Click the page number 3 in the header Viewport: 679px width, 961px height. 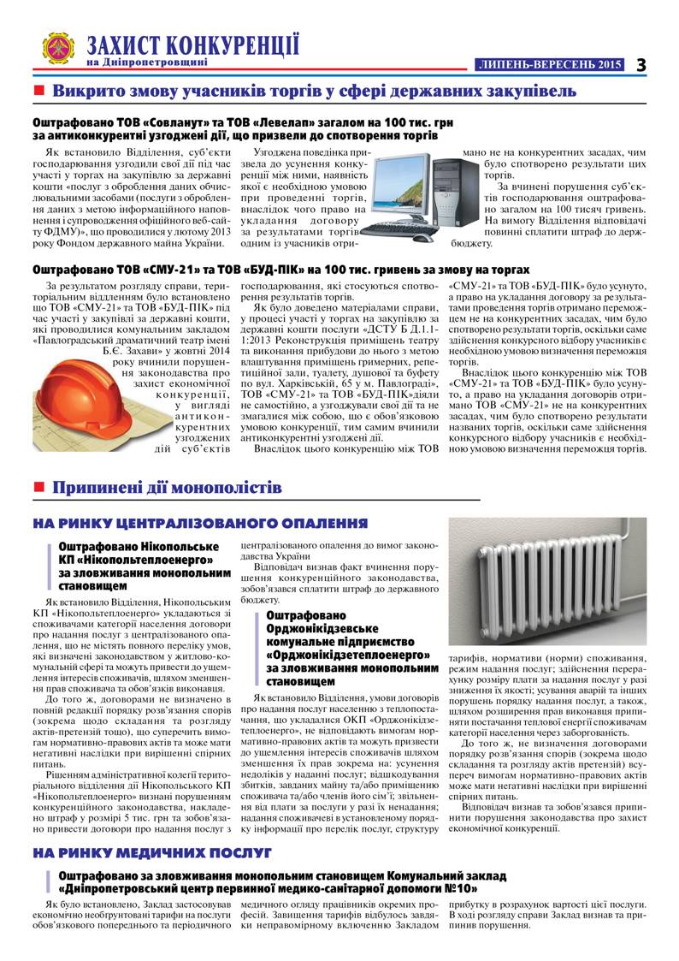pos(641,64)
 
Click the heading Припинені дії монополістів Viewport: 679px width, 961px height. pos(167,489)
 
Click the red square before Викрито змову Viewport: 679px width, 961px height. pos(38,91)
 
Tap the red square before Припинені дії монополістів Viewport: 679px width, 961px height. pos(38,489)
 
